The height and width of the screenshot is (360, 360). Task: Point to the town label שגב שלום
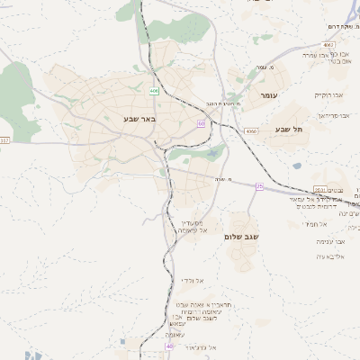(241, 236)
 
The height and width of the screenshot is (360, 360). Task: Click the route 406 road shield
(154, 90)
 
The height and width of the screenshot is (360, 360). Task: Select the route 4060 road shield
(249, 131)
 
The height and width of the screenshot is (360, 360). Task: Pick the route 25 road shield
(259, 185)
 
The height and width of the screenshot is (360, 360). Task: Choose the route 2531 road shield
(319, 189)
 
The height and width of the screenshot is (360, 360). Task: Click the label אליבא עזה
(319, 257)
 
